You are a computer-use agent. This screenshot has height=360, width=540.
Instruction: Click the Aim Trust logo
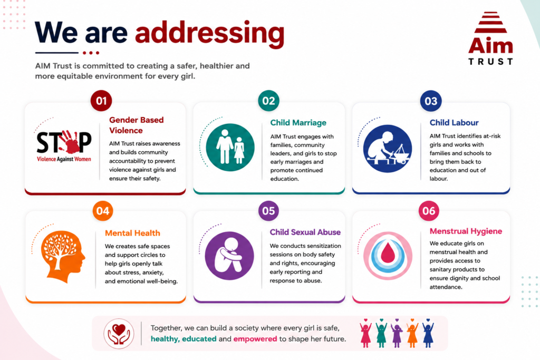(x=490, y=38)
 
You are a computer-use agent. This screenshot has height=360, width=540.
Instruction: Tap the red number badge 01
(x=101, y=101)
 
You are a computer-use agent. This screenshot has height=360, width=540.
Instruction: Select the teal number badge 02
(x=268, y=101)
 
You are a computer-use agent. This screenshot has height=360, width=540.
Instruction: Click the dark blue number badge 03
(x=431, y=101)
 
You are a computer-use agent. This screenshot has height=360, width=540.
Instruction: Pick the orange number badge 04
(x=103, y=211)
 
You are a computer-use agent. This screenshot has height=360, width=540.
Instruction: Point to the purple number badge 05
(x=268, y=211)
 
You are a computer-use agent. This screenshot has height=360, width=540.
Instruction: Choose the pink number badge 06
(x=429, y=211)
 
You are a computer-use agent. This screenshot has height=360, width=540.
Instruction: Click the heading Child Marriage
(x=298, y=123)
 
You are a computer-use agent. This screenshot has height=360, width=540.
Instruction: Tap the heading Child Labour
(x=454, y=122)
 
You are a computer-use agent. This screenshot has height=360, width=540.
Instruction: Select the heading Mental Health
(x=132, y=233)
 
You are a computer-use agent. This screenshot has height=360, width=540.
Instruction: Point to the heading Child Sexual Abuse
(x=305, y=232)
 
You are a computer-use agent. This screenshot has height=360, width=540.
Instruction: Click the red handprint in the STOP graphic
(x=71, y=141)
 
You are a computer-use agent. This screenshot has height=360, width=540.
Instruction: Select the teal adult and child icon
(x=230, y=147)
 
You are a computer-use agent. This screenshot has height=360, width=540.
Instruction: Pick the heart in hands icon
(x=119, y=334)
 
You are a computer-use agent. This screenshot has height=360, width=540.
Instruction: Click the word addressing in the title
(x=210, y=34)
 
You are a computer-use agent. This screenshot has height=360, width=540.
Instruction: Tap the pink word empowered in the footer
(x=255, y=339)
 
